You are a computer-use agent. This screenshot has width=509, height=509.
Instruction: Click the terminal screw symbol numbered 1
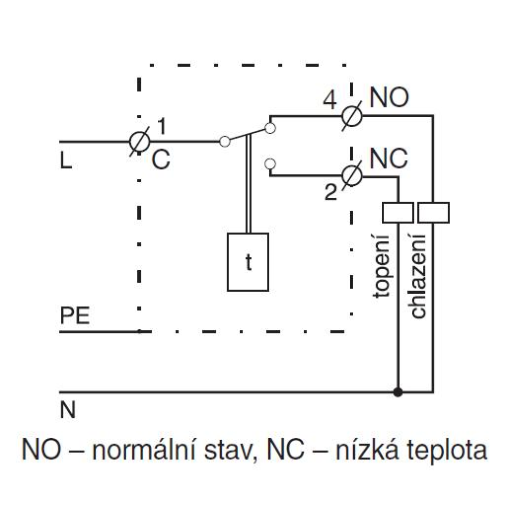[139, 142]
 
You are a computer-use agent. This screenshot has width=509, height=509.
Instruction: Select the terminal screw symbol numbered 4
[352, 116]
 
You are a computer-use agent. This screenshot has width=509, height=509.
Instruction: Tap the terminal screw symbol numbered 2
[352, 176]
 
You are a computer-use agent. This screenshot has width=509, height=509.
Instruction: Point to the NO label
[389, 97]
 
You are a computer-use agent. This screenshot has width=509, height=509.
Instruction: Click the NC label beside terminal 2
[388, 158]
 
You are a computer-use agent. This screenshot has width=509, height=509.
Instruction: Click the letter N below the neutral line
[68, 410]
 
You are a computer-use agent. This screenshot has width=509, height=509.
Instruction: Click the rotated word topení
[381, 266]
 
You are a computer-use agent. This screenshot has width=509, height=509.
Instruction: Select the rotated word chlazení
[418, 276]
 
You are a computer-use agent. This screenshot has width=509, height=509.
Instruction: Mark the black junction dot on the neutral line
[398, 392]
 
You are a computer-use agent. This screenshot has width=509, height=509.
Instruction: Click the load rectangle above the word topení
[398, 213]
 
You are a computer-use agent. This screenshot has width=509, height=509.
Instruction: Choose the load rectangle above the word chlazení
[434, 213]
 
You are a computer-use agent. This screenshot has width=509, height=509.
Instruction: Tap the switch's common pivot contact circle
[224, 142]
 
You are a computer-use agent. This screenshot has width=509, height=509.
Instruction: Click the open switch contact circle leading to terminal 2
[270, 164]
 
